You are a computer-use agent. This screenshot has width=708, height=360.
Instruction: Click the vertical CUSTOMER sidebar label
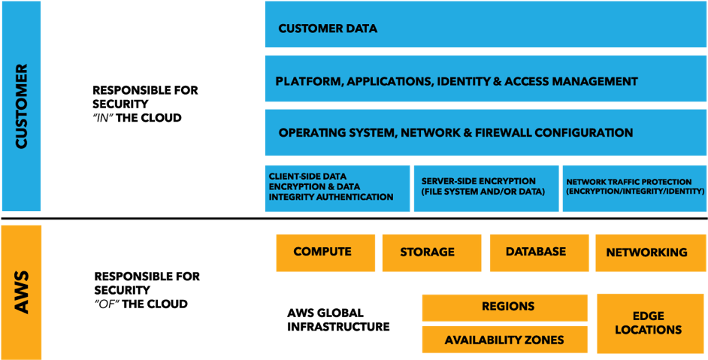tap(21, 106)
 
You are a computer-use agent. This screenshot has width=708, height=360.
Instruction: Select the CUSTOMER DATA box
tap(486, 29)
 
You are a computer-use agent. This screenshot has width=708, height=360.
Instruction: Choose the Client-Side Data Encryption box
tap(337, 188)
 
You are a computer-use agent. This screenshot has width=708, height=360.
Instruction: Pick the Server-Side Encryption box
tap(486, 188)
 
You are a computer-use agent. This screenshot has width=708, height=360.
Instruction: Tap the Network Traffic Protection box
tap(634, 188)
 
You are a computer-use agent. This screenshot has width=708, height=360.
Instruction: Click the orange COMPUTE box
tap(325, 252)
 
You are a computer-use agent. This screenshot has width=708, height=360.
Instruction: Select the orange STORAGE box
tap(431, 253)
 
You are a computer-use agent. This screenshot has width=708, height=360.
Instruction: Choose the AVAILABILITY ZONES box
tap(504, 340)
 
